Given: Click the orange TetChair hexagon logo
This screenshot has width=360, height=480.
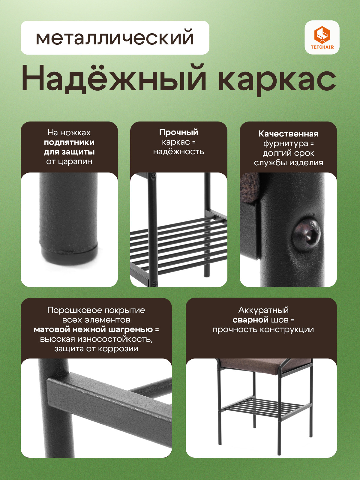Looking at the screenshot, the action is coord(322,35).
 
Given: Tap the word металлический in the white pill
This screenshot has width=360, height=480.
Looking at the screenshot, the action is coord(115,38).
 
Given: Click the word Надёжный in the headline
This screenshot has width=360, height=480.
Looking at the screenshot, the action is coord(114,78).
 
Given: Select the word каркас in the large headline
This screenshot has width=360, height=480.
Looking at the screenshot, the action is coord(277,81).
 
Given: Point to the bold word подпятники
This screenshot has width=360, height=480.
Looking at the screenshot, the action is coord(69,142).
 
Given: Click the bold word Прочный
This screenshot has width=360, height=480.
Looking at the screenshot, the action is coord(178,132).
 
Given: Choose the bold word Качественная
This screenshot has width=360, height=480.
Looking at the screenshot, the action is coord(288,133).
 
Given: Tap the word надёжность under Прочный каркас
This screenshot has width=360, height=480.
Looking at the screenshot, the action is coord(178,151).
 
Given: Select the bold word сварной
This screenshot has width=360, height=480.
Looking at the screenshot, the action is coord(250,320).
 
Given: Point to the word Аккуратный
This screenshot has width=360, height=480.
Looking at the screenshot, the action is coord(263,310).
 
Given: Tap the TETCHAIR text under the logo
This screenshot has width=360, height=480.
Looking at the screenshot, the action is coord(322,47).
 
